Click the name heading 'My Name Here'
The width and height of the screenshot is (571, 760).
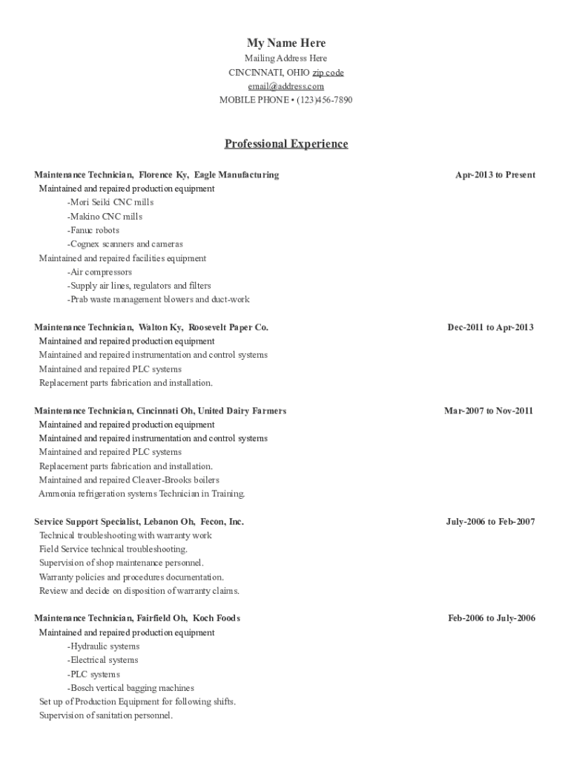pyautogui.click(x=285, y=43)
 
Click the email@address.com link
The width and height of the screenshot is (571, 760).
pyautogui.click(x=285, y=86)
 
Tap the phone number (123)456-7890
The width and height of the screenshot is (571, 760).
pyautogui.click(x=324, y=99)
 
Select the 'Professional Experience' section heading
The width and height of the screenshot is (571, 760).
pyautogui.click(x=285, y=144)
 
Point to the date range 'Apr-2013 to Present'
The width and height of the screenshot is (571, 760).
pyautogui.click(x=495, y=175)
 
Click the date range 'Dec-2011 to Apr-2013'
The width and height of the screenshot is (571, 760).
pyautogui.click(x=489, y=327)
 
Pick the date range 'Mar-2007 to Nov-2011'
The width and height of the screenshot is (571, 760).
pyautogui.click(x=488, y=411)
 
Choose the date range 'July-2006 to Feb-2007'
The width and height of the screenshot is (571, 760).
pyautogui.click(x=490, y=522)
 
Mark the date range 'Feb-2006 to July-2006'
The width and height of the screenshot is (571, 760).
pyautogui.click(x=491, y=618)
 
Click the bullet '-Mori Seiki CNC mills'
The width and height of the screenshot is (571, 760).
pyautogui.click(x=110, y=203)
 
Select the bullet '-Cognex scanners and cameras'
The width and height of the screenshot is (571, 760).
pyautogui.click(x=125, y=244)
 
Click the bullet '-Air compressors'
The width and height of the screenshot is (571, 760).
pyautogui.click(x=99, y=272)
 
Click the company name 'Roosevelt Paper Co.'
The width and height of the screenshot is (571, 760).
pyautogui.click(x=228, y=327)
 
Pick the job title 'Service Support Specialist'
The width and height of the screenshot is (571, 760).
pyautogui.click(x=82, y=522)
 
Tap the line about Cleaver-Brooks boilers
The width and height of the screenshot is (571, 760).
pyautogui.click(x=129, y=480)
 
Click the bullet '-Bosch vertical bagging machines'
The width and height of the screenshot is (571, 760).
pyautogui.click(x=131, y=688)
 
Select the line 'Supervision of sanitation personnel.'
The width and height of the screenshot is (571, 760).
pyautogui.click(x=106, y=715)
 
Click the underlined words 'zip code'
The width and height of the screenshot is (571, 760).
pyautogui.click(x=328, y=73)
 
